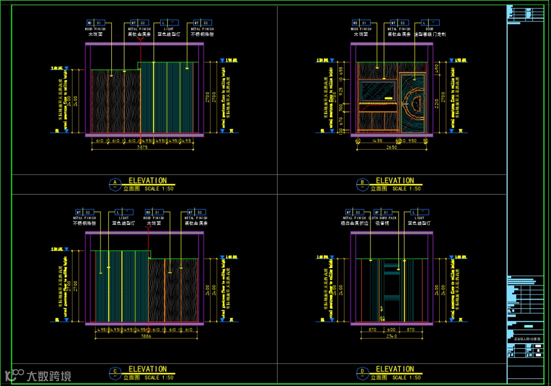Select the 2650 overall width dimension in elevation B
coord(391,147)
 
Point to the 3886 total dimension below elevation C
coord(146,336)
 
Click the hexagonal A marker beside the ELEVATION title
coord(115,183)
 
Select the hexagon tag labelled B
coord(362,183)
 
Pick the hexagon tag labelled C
coord(115,372)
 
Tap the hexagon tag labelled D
coord(362,372)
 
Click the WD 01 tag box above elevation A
coord(95,23)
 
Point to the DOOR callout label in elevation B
coord(427,29)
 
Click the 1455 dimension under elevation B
coord(378,140)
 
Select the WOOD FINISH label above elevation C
coord(154,218)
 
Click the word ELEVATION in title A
coord(147,180)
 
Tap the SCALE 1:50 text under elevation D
coord(407,377)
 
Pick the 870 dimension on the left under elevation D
coord(372,330)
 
